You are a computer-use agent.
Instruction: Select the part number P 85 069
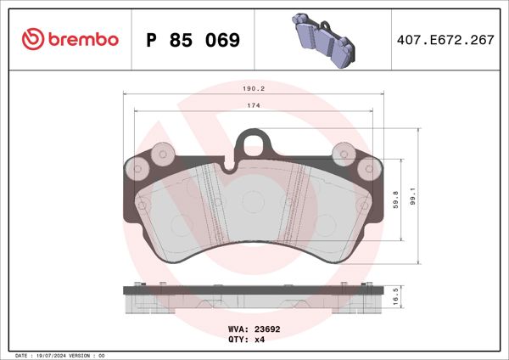click(x=193, y=40)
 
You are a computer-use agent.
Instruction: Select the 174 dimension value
click(x=253, y=105)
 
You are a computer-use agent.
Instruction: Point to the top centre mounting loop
click(x=253, y=141)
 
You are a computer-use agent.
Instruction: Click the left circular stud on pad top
click(x=163, y=154)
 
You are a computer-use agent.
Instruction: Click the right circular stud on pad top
click(x=344, y=154)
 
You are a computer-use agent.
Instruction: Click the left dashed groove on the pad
click(x=210, y=204)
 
